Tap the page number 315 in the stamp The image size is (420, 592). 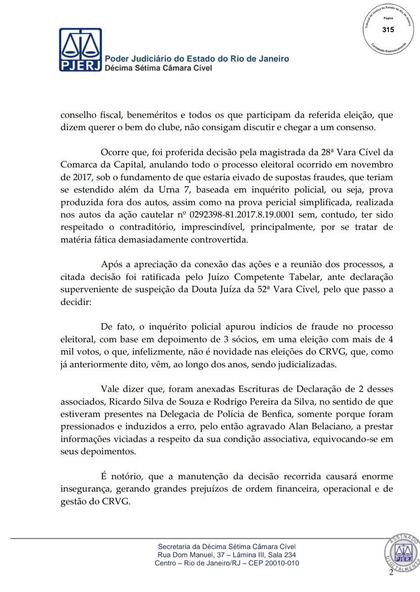[388, 30]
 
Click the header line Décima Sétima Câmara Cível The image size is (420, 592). [159, 68]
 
